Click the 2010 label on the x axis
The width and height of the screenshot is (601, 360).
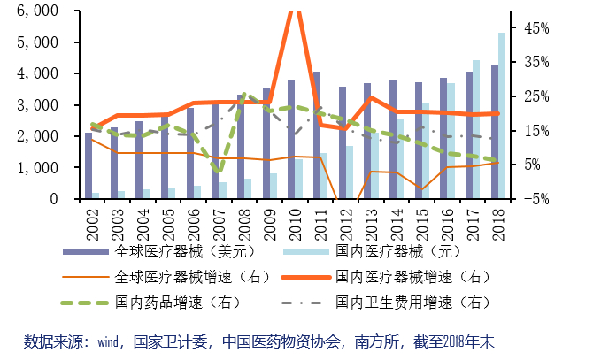tap(296, 225)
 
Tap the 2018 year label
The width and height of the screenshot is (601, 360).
tap(498, 225)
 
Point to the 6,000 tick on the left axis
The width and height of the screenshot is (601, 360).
tap(37, 11)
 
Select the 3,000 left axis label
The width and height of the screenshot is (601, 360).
tap(37, 104)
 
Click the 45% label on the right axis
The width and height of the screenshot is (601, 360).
tap(536, 28)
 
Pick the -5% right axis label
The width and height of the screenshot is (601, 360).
tap(536, 199)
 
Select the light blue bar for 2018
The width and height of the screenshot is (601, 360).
tap(502, 116)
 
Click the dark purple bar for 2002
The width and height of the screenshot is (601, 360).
tap(89, 165)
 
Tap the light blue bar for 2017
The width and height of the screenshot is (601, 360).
tap(476, 129)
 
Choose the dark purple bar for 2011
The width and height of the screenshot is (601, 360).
tap(317, 134)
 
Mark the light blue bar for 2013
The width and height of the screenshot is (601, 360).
tap(374, 165)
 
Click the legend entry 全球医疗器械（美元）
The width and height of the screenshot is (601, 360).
tap(159, 251)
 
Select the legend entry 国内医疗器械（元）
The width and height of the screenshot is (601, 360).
tap(372, 251)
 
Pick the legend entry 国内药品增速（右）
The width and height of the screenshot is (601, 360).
tap(151, 303)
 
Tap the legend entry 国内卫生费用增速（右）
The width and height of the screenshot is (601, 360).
tap(386, 303)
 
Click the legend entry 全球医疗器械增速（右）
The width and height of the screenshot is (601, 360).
tap(166, 277)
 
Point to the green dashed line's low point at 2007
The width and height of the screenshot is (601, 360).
tap(219, 171)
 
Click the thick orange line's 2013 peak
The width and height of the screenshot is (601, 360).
tap(371, 97)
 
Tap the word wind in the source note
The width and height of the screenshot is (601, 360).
tap(107, 341)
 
